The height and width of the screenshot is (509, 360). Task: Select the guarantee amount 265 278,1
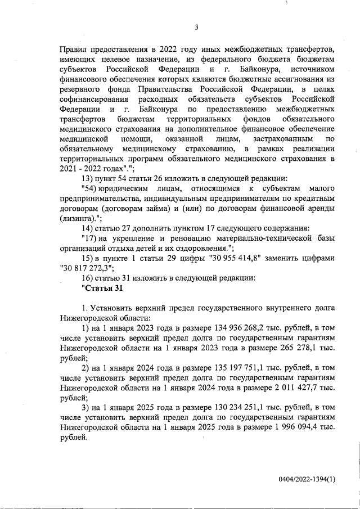click(294, 349)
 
